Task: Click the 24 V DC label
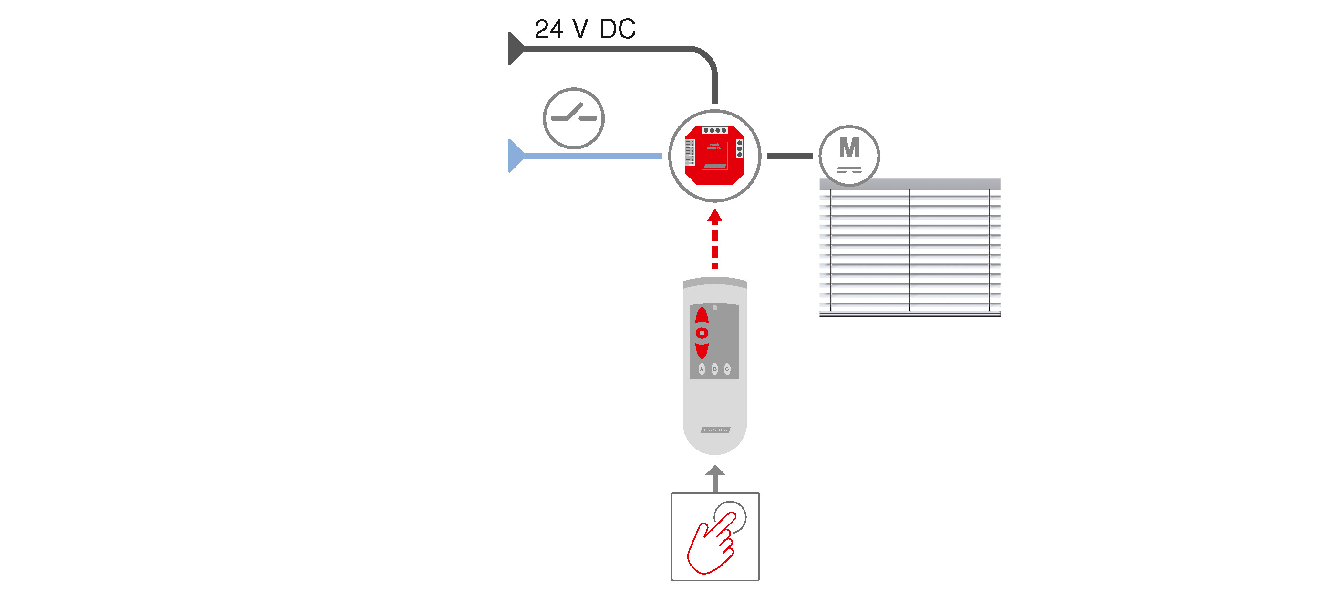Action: (x=585, y=29)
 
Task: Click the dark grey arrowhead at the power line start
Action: (x=515, y=49)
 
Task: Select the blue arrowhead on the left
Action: (x=515, y=156)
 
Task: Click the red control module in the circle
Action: (x=714, y=155)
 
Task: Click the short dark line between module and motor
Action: (x=789, y=156)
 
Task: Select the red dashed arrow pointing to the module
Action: (x=714, y=239)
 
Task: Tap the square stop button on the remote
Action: (x=702, y=333)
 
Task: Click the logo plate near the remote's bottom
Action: (x=715, y=429)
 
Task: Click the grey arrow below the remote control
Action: (x=715, y=479)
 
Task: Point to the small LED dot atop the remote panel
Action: (x=715, y=308)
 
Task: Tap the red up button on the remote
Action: (x=702, y=317)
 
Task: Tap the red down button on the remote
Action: (x=702, y=349)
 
